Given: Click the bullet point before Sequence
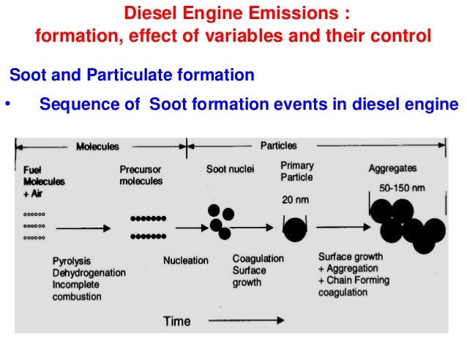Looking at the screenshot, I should pos(7,104).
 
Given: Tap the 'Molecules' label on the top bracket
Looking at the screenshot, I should pos(97,146).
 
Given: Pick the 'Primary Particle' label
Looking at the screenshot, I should pos(296,171).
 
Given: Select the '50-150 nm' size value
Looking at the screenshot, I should pos(403,187).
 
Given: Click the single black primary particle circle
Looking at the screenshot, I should pos(295,229).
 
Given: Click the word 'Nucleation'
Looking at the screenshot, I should pos(185,260).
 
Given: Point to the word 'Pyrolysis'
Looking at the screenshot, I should pos(72,261).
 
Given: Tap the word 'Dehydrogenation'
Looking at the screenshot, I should pos(89,273).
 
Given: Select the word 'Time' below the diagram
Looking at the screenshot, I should pos(176,320).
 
